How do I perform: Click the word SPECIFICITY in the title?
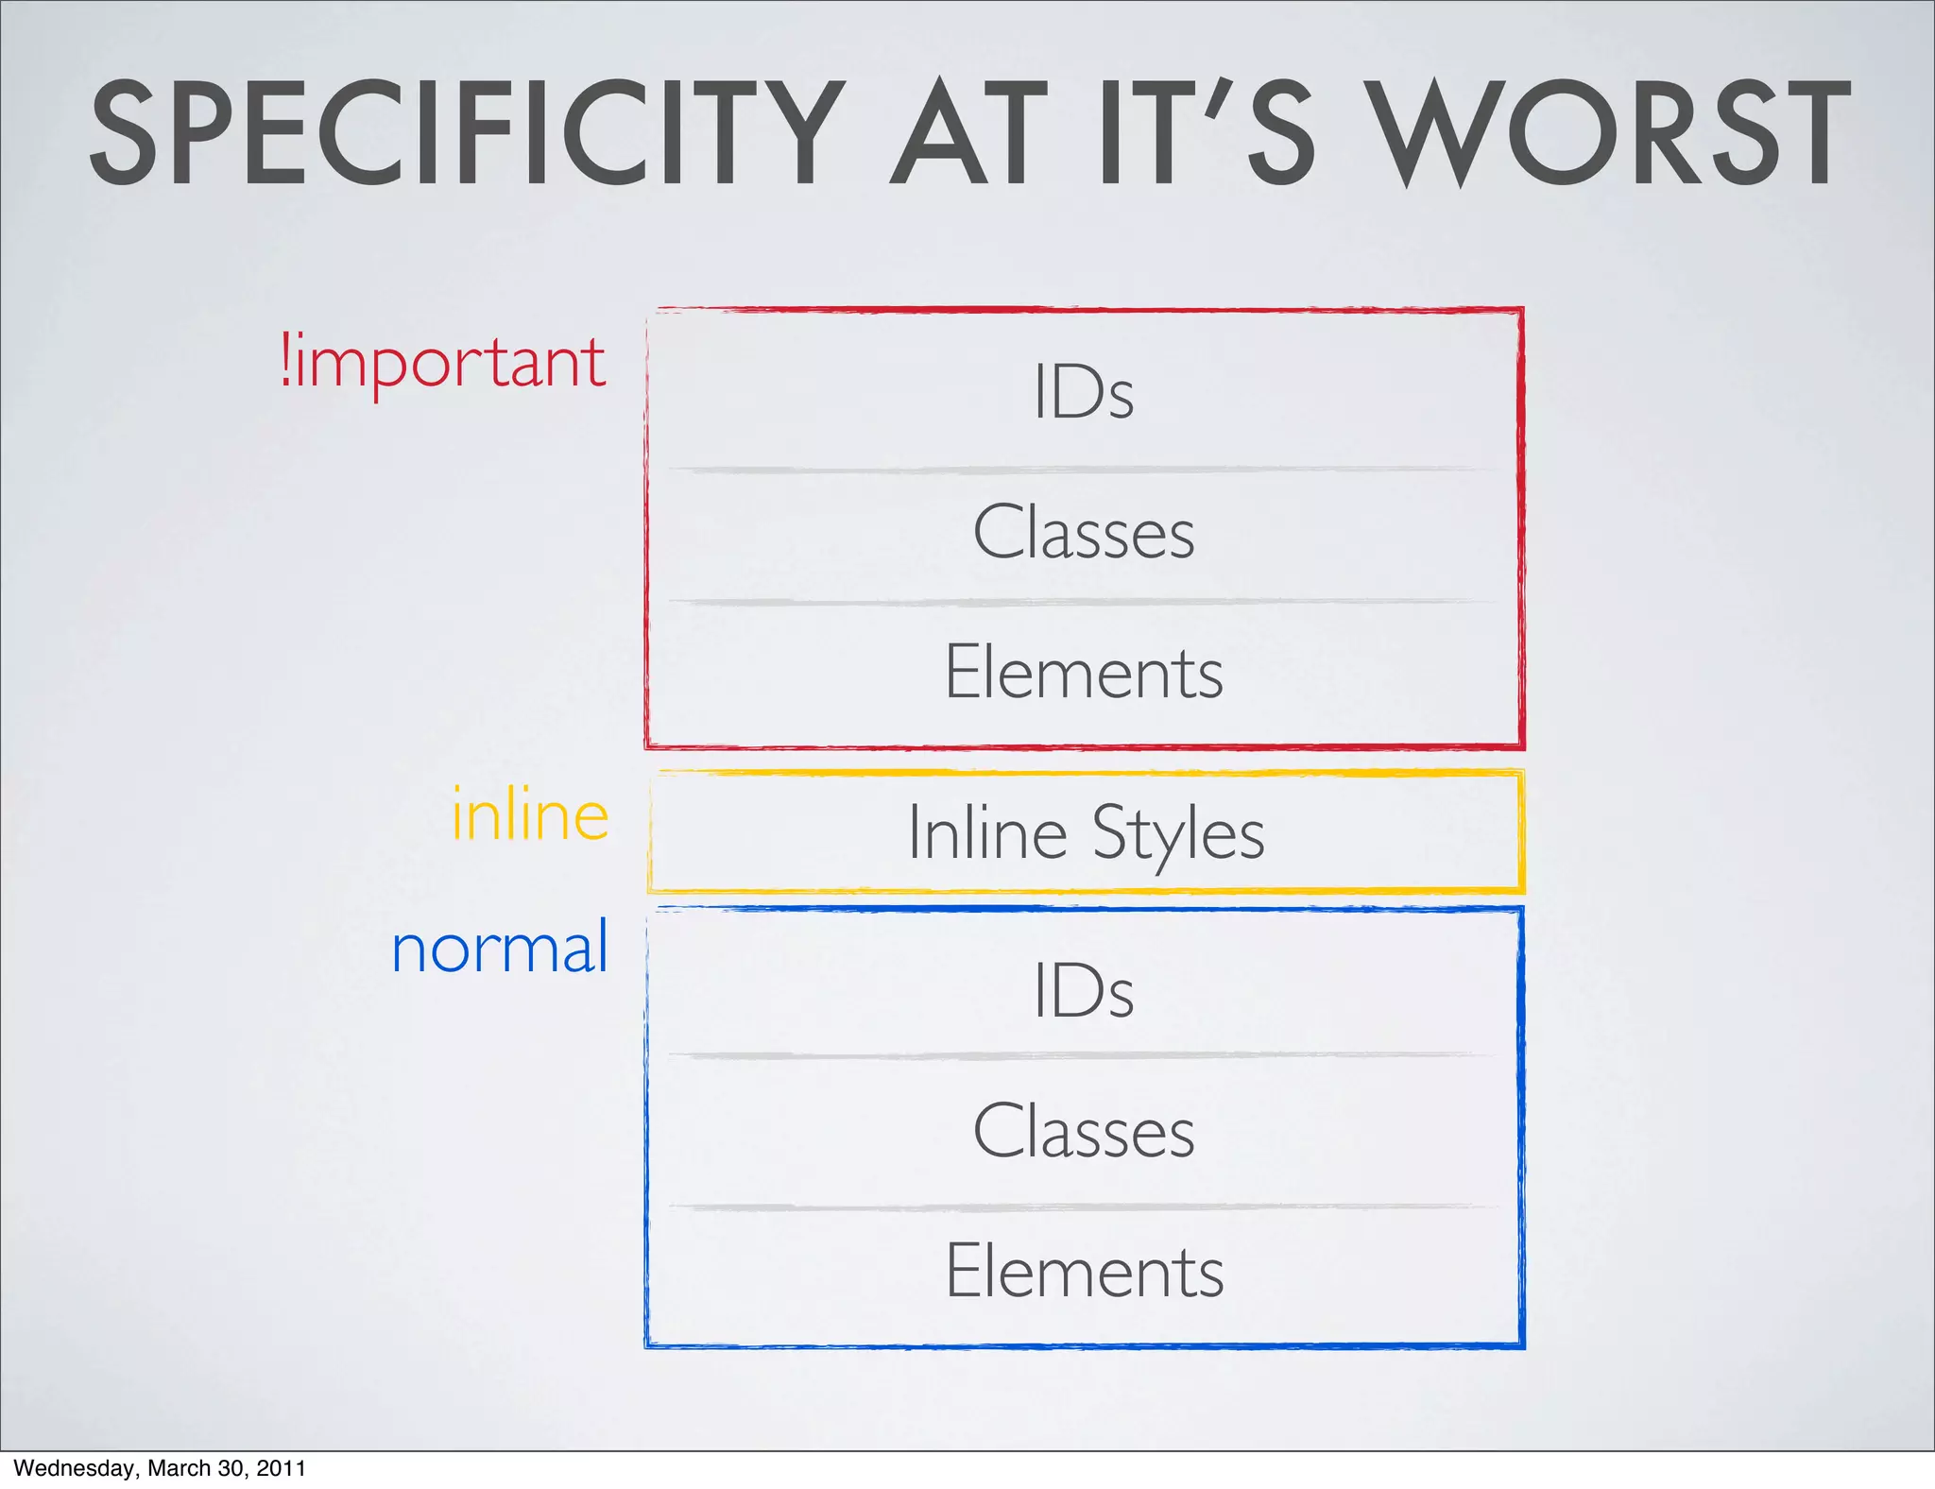[468, 133]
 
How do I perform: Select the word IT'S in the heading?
[1207, 133]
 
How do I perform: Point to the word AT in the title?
[968, 133]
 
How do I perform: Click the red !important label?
[443, 363]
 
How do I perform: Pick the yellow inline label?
[530, 814]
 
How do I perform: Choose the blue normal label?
[500, 948]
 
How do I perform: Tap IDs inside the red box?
[1083, 391]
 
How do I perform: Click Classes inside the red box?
[1084, 532]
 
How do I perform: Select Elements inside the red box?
[1084, 672]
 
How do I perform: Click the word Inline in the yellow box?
[987, 833]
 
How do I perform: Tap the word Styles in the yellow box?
[1178, 835]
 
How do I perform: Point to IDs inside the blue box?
[1083, 990]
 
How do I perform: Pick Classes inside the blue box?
[1084, 1131]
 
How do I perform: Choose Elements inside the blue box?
[1085, 1271]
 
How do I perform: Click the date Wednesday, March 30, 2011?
[161, 1468]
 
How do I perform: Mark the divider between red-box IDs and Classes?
[1083, 469]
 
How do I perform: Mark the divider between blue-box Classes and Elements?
[1083, 1207]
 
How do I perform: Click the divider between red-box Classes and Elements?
[1083, 601]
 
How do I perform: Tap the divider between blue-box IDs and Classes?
[1083, 1055]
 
